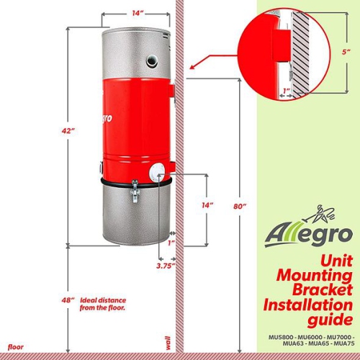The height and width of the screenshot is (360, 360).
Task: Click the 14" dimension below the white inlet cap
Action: [208, 205]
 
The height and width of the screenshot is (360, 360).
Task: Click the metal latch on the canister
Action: [134, 191]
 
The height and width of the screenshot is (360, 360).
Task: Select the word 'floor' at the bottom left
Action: [16, 346]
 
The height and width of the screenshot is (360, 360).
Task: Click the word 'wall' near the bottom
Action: [168, 341]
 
